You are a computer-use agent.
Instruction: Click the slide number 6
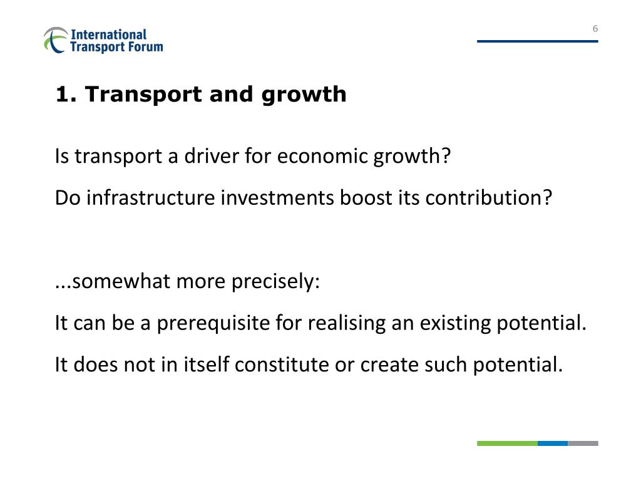595,28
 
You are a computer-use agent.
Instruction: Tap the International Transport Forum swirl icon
55,39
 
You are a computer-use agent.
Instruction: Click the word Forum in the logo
145,46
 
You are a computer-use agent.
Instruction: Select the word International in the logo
108,34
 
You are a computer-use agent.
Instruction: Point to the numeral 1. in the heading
65,94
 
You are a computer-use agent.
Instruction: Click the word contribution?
490,198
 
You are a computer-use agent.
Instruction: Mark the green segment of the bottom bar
507,443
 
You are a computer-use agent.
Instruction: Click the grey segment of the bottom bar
583,443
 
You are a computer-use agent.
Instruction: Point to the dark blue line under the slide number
537,41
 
